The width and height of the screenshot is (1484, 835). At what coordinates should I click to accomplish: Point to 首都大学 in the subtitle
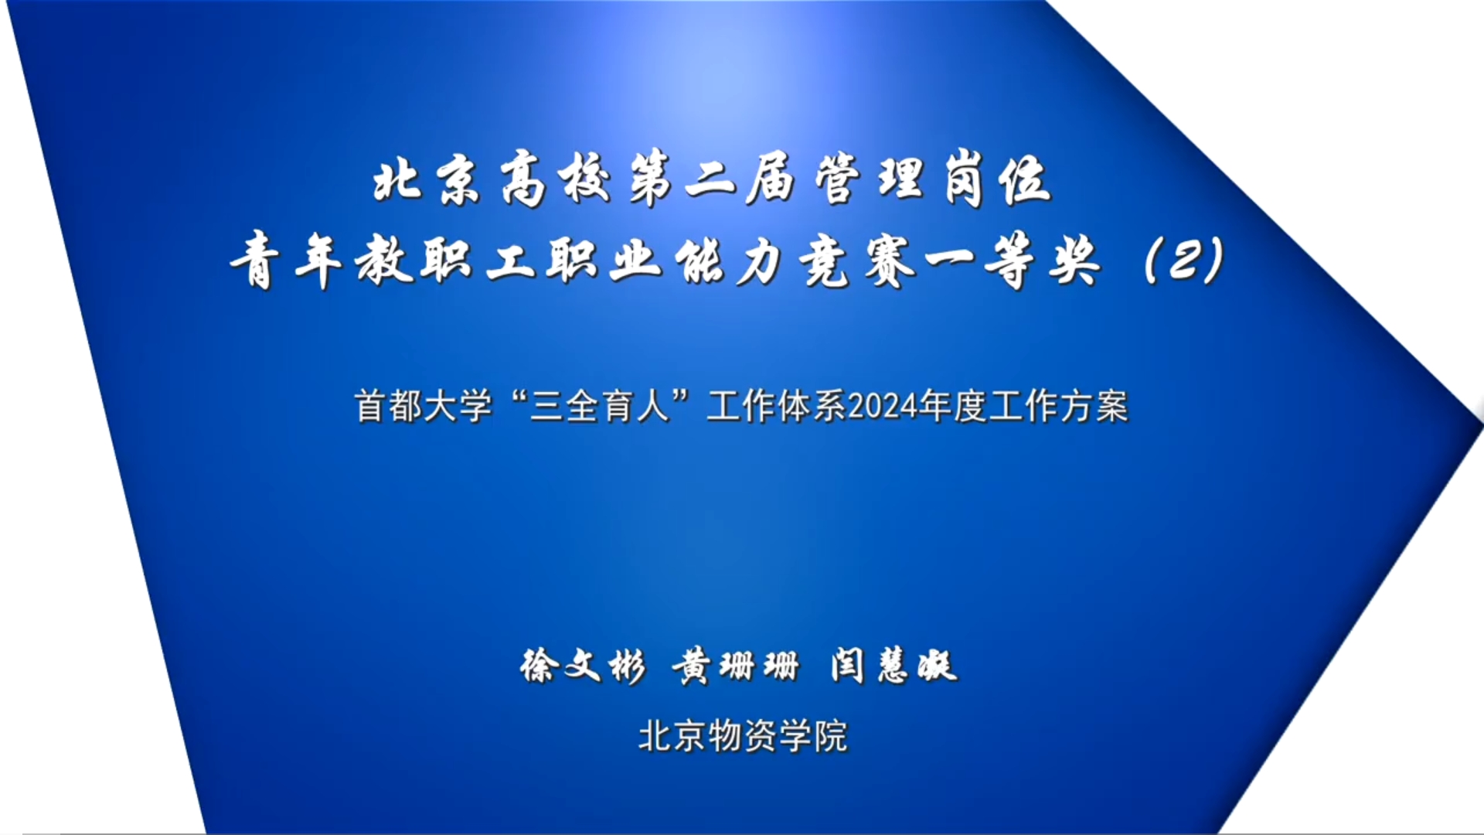point(424,406)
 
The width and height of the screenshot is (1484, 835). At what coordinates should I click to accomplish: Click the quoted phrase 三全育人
point(600,406)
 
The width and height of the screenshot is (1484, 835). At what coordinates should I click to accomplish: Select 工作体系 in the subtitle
point(777,406)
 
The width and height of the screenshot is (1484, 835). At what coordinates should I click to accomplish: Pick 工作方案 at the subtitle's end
point(1058,406)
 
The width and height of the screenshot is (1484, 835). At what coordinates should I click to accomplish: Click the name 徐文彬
point(583,666)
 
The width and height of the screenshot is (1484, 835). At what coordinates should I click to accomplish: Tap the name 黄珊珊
point(735,666)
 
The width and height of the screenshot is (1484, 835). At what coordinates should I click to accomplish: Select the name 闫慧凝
point(894,666)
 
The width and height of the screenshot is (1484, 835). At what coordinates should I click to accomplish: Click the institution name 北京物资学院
point(743,735)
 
